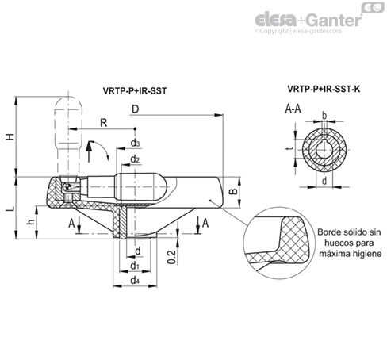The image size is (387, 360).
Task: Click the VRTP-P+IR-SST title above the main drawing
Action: click(135, 91)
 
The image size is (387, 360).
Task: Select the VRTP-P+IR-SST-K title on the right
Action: click(324, 89)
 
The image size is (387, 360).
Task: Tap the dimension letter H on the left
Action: click(10, 136)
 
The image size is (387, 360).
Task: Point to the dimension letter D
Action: click(135, 109)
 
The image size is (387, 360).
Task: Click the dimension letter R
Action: click(104, 123)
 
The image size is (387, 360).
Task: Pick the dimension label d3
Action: click(135, 143)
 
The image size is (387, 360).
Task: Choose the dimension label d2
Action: click(135, 159)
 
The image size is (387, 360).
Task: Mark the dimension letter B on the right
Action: click(233, 191)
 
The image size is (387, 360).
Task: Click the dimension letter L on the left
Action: click(10, 209)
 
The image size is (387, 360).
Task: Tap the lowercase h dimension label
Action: click(31, 221)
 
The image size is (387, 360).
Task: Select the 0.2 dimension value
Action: click(171, 257)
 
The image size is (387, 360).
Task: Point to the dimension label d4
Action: click(135, 280)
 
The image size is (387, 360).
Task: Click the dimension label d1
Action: click(135, 265)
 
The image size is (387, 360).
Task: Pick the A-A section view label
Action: click(293, 109)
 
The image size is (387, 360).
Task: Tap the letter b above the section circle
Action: click(324, 116)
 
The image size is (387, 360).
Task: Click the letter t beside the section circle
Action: click(291, 149)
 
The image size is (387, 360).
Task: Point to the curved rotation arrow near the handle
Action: click(102, 148)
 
